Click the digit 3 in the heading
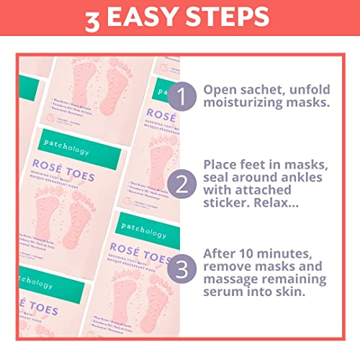tap(92, 19)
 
